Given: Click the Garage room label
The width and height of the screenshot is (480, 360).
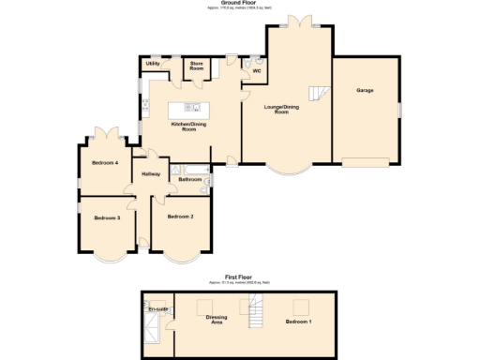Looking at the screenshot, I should tap(365, 90).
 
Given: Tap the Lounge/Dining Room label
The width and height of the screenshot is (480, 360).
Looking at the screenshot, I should tap(287, 109).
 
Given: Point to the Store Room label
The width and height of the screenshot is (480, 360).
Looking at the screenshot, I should tap(197, 67).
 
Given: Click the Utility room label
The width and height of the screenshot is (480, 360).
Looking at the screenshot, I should tap(153, 64).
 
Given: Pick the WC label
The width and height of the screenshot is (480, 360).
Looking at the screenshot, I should tap(255, 69).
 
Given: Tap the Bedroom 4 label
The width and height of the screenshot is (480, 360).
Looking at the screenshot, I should tap(105, 162).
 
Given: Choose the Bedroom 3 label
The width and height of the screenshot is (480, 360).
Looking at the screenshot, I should tap(107, 217).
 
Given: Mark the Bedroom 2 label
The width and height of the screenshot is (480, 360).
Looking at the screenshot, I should tap(180, 217).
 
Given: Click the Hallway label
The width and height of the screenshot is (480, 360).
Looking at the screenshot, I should tap(150, 174).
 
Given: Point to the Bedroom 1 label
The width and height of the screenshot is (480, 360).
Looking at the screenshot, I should tap(299, 322).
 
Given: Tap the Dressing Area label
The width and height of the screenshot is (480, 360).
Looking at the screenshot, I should tap(217, 320).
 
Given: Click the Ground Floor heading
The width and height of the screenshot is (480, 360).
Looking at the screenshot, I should tap(240, 3).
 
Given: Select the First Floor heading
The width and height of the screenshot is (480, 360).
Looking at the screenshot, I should tap(240, 277).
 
